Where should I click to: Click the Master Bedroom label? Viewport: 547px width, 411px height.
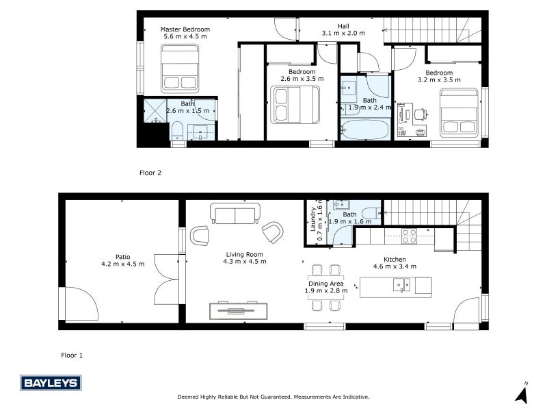click(185, 29)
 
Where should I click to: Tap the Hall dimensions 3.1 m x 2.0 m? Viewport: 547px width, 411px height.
click(343, 33)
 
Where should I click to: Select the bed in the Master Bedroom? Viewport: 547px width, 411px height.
click(180, 68)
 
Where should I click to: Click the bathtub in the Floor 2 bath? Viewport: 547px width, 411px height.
click(365, 129)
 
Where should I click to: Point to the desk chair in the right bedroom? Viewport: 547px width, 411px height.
click(421, 114)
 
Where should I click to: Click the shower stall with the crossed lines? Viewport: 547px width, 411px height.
click(155, 110)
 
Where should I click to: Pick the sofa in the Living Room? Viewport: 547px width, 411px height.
click(235, 214)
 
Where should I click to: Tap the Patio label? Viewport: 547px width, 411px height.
click(123, 257)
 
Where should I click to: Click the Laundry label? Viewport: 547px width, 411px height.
click(313, 219)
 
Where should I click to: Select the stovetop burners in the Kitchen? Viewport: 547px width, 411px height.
click(409, 236)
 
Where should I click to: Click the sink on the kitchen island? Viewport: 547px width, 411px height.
click(401, 285)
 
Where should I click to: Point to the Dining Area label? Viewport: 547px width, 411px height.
click(326, 284)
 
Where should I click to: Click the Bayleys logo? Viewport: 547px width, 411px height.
click(51, 383)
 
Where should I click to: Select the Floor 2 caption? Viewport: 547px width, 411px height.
click(150, 173)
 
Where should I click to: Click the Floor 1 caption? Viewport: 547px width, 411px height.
click(72, 356)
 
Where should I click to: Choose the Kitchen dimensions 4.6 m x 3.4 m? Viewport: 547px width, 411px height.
click(395, 266)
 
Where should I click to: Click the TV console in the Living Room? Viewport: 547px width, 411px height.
click(238, 311)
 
